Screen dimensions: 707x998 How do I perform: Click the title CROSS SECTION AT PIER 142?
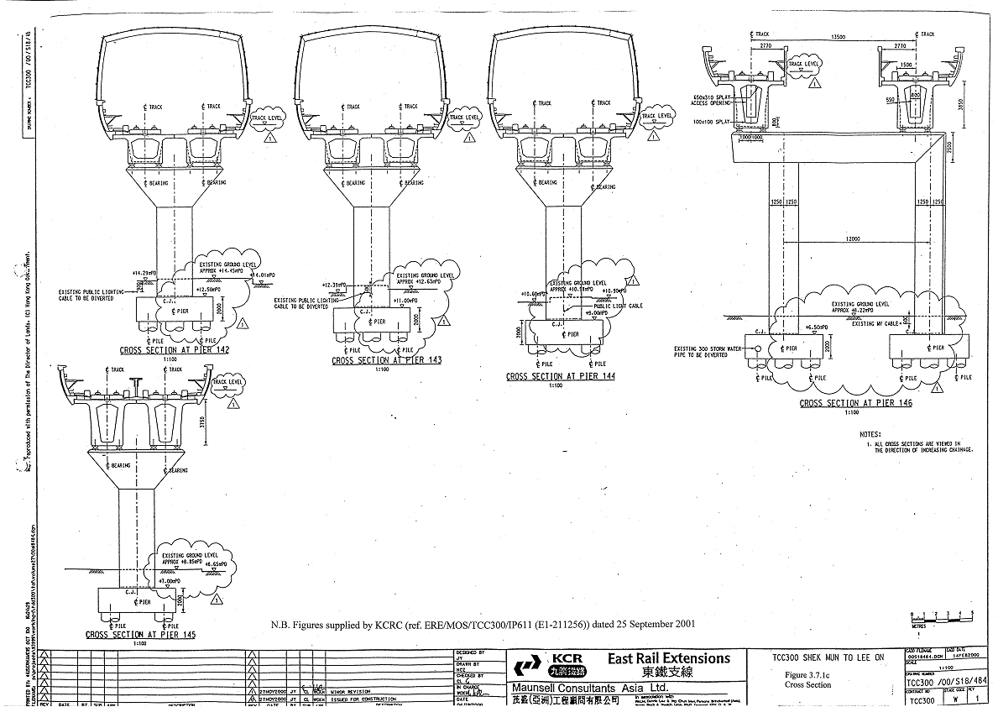[x=174, y=349]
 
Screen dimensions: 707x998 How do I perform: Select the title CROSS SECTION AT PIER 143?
[x=386, y=360]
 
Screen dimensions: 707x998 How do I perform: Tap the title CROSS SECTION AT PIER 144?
[x=561, y=377]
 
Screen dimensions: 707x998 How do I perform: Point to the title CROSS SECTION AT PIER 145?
[x=140, y=635]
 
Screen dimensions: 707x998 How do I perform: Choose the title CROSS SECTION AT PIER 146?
[x=855, y=403]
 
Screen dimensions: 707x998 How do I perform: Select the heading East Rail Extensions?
[x=669, y=658]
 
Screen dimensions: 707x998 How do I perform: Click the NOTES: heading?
[x=870, y=434]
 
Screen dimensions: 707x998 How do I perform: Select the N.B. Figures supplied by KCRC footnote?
[x=483, y=626]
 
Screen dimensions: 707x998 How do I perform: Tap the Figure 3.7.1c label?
[x=807, y=675]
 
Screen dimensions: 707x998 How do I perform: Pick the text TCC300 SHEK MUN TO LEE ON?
[x=828, y=658]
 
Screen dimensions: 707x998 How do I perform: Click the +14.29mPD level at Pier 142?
[x=144, y=274]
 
